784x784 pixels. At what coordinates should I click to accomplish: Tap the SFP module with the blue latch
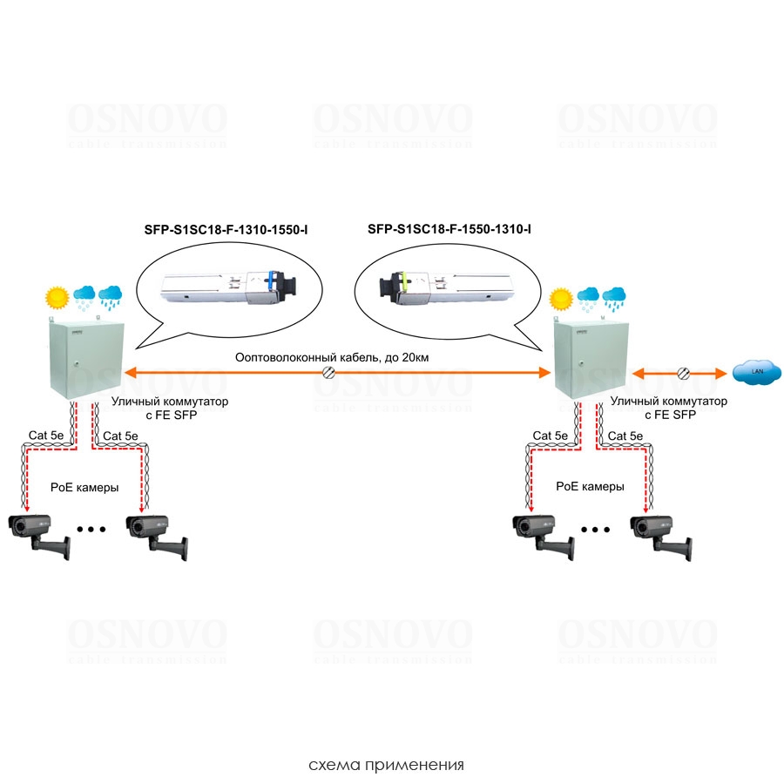coord(228,285)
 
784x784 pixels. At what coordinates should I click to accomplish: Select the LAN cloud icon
coord(752,372)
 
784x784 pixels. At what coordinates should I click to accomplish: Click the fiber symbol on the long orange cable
coord(330,373)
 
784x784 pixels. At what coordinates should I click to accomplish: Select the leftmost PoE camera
coord(37,532)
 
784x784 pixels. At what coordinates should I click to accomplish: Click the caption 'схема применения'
coord(386,766)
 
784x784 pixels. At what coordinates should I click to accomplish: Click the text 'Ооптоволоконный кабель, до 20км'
coord(332,357)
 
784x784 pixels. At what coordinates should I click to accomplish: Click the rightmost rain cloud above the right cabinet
coord(614,297)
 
